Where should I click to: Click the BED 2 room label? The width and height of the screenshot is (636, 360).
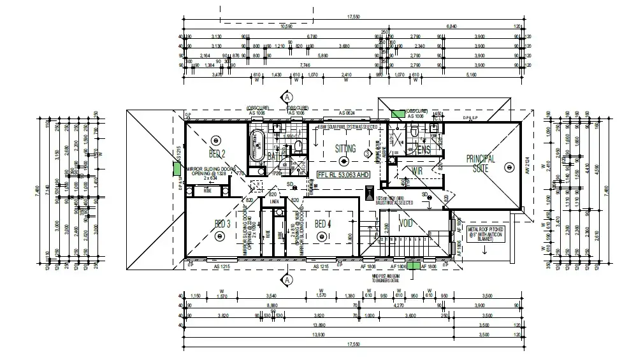pos(218,154)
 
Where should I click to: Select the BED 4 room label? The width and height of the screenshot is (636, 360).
pos(323,223)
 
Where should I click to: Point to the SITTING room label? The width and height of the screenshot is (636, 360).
pos(345,148)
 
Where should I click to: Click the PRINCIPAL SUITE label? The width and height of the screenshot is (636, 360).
pos(481,164)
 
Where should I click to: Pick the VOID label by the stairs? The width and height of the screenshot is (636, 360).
pos(406,224)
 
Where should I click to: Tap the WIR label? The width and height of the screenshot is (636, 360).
pos(417,171)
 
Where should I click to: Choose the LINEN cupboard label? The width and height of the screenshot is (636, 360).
pos(275,202)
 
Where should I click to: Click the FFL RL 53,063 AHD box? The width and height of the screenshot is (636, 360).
pos(343,173)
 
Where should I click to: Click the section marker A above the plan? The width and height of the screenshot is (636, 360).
pos(287,97)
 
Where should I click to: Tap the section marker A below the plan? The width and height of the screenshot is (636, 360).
pos(287,279)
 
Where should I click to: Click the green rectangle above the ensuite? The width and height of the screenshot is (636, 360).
pos(398,114)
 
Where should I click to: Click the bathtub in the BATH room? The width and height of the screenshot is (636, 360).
pos(257,146)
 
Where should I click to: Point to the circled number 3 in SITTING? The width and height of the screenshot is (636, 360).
pos(367,153)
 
